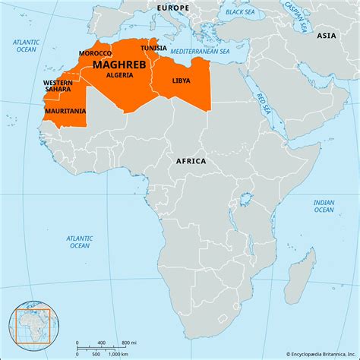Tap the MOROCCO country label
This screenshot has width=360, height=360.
96,54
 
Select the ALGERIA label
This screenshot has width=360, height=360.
119,75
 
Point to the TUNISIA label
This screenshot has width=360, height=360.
154,47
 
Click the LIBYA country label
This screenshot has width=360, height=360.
182,80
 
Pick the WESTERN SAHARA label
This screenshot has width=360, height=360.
58,86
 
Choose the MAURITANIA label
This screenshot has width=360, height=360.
65,111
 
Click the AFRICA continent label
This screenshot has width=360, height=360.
191,161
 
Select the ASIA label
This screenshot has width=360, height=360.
326,36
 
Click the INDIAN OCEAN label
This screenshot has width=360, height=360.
324,207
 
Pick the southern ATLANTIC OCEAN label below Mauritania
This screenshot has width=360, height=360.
80,241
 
